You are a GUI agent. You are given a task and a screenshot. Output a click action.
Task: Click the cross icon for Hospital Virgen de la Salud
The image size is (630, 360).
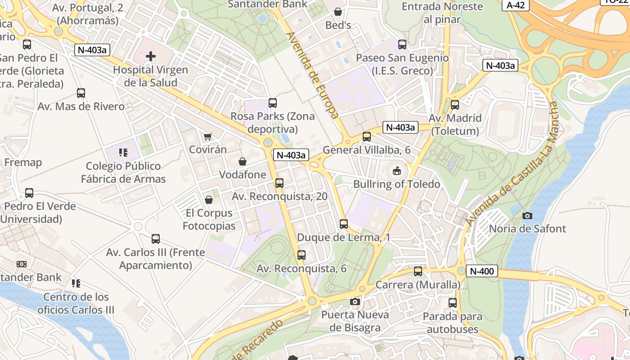(x=151, y=56)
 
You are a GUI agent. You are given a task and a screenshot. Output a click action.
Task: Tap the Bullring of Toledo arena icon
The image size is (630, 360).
(x=396, y=171)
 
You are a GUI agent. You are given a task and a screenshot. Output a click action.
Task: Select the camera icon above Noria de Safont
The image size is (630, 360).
(x=527, y=216)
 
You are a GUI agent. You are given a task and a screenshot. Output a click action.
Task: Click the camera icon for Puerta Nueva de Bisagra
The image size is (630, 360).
(x=355, y=301)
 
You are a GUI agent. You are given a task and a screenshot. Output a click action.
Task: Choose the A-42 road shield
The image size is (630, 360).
(x=515, y=5)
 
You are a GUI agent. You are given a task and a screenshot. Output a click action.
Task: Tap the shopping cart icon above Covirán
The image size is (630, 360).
(x=207, y=136)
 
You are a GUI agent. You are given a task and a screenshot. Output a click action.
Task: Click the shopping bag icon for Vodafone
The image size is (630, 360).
(x=243, y=161)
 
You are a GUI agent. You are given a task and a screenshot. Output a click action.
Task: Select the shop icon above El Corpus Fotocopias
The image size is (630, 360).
(x=208, y=199)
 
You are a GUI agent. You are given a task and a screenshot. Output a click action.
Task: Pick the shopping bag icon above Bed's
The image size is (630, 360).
(x=338, y=12)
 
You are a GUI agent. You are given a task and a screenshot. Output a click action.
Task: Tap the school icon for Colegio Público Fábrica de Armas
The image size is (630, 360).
(x=123, y=153)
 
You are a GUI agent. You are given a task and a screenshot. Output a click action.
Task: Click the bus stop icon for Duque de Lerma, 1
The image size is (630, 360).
(x=344, y=224)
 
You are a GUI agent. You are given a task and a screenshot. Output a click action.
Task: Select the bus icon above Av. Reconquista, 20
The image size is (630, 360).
(x=279, y=183)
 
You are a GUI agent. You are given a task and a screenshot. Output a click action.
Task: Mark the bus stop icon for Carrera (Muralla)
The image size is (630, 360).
(x=418, y=271)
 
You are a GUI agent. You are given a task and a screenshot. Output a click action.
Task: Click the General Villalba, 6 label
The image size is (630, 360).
(x=367, y=150)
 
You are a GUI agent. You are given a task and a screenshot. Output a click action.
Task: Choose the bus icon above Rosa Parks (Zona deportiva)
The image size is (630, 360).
(x=273, y=103)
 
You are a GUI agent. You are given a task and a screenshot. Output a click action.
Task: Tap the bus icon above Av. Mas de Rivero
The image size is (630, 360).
(x=81, y=93)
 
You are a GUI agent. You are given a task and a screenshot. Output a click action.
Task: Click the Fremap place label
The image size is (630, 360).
(x=23, y=162)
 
